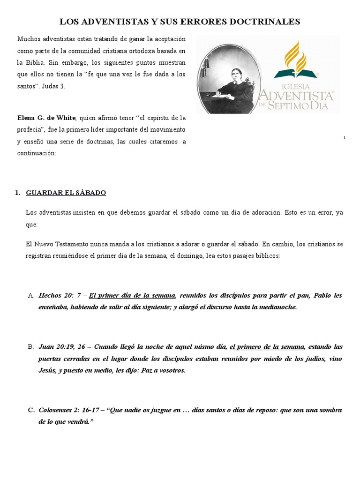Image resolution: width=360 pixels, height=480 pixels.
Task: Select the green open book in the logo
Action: [x=295, y=74]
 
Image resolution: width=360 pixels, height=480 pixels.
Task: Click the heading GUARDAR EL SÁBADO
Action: [x=66, y=193]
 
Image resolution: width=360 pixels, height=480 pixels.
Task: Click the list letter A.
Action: [x=31, y=296]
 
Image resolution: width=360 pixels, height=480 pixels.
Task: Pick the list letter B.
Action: [x=31, y=347]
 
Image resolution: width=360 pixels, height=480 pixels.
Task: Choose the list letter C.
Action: [x=31, y=410]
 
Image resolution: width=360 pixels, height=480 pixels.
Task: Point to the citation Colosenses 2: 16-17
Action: [x=70, y=410]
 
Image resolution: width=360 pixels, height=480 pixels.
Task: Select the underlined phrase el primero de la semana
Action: [x=267, y=347]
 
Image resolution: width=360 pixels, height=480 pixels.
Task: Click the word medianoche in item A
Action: [x=276, y=307]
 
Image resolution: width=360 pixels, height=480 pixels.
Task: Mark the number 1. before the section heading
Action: [x=18, y=193]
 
